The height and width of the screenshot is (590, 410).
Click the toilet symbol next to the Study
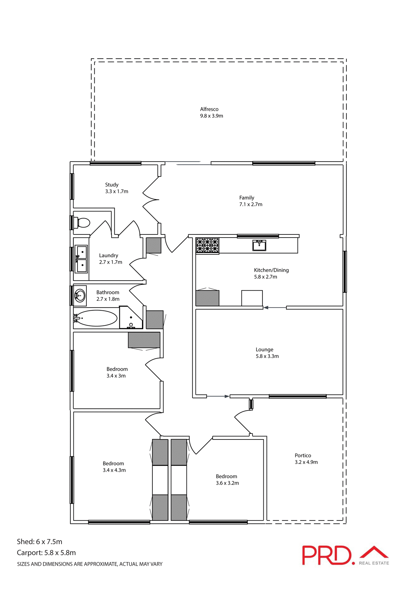pos(83,222)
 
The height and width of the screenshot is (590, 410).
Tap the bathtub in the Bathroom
pos(96,318)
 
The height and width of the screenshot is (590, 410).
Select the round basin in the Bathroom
pos(80,296)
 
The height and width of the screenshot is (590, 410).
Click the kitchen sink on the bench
pos(259,246)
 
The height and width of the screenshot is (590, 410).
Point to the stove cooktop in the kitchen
pos(207,246)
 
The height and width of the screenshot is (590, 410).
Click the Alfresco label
pos(209,109)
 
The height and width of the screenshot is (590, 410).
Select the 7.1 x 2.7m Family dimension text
pos(251,204)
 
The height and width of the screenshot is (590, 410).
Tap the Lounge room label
pos(264,349)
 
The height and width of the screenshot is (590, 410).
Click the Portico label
pos(303,455)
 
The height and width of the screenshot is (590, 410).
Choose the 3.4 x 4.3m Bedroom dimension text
pos(114,470)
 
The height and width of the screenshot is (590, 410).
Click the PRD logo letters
pos(326,555)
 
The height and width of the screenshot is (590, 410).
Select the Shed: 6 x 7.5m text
pos(40,541)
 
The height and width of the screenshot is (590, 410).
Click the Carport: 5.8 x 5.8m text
pos(46,553)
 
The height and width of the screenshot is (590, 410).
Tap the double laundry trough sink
pos(82,259)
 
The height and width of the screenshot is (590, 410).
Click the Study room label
pos(112,185)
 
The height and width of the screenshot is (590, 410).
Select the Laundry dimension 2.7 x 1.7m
pos(111,262)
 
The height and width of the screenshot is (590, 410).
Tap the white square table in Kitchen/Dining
pos(252,298)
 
